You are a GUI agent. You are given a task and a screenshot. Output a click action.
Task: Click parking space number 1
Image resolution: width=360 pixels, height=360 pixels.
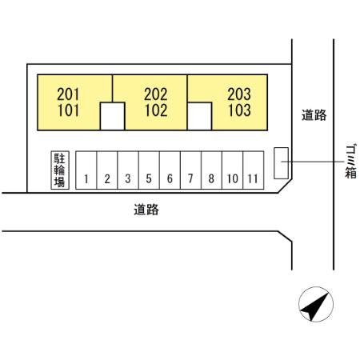[86, 170]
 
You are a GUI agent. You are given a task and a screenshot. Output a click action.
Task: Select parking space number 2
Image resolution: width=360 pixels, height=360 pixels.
[107, 170]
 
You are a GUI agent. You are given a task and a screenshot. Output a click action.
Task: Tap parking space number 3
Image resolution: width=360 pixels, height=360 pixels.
[128, 170]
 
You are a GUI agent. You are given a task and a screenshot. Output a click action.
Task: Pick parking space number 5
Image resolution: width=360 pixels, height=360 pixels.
[149, 170]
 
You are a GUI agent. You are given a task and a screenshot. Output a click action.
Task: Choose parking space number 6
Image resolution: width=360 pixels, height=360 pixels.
[170, 170]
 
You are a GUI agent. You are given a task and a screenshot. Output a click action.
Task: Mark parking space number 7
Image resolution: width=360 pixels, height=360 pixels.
[190, 170]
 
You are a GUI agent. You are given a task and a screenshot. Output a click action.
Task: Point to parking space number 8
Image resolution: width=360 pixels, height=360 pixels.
[212, 170]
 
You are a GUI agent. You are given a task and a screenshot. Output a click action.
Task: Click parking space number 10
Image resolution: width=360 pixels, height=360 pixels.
[233, 170]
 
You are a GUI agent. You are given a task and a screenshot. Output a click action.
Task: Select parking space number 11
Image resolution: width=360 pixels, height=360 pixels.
[254, 170]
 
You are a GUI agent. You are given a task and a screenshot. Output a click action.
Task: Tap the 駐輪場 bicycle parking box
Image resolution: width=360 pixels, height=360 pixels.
[60, 170]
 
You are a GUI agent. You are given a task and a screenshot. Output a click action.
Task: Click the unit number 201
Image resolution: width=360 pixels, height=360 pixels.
[68, 94]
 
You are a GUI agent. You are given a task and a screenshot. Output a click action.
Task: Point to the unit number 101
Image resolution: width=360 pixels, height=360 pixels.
[68, 110]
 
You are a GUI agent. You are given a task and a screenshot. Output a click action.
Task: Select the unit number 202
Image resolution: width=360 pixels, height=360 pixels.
[156, 94]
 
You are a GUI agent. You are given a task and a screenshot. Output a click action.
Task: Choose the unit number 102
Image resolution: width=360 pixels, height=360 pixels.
[156, 110]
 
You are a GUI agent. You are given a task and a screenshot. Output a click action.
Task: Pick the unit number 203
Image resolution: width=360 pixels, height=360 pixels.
[239, 94]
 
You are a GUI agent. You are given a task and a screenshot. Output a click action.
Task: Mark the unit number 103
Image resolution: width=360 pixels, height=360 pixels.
[239, 110]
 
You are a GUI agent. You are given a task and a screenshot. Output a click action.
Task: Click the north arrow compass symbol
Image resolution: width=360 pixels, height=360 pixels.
[316, 304]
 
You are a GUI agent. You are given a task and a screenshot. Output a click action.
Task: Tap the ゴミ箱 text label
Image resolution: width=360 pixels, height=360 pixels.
[350, 162]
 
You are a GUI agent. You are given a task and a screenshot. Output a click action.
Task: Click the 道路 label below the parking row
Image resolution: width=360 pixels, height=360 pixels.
[146, 210]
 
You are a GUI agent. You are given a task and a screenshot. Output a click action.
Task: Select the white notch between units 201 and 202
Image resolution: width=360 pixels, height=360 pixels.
[112, 116]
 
